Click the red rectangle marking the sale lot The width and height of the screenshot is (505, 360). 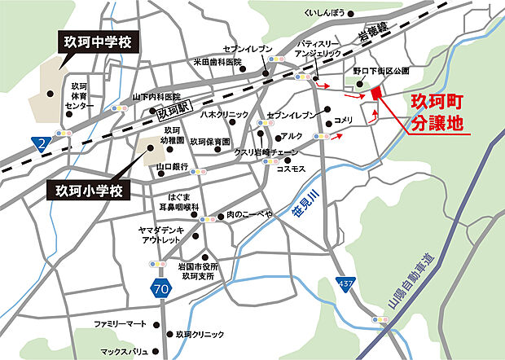point(375,94)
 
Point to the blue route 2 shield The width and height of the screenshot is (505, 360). point(42,143)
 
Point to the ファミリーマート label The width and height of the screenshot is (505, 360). point(121,324)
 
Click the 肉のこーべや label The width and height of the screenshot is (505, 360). point(249,214)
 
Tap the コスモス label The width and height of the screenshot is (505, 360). point(292,168)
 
